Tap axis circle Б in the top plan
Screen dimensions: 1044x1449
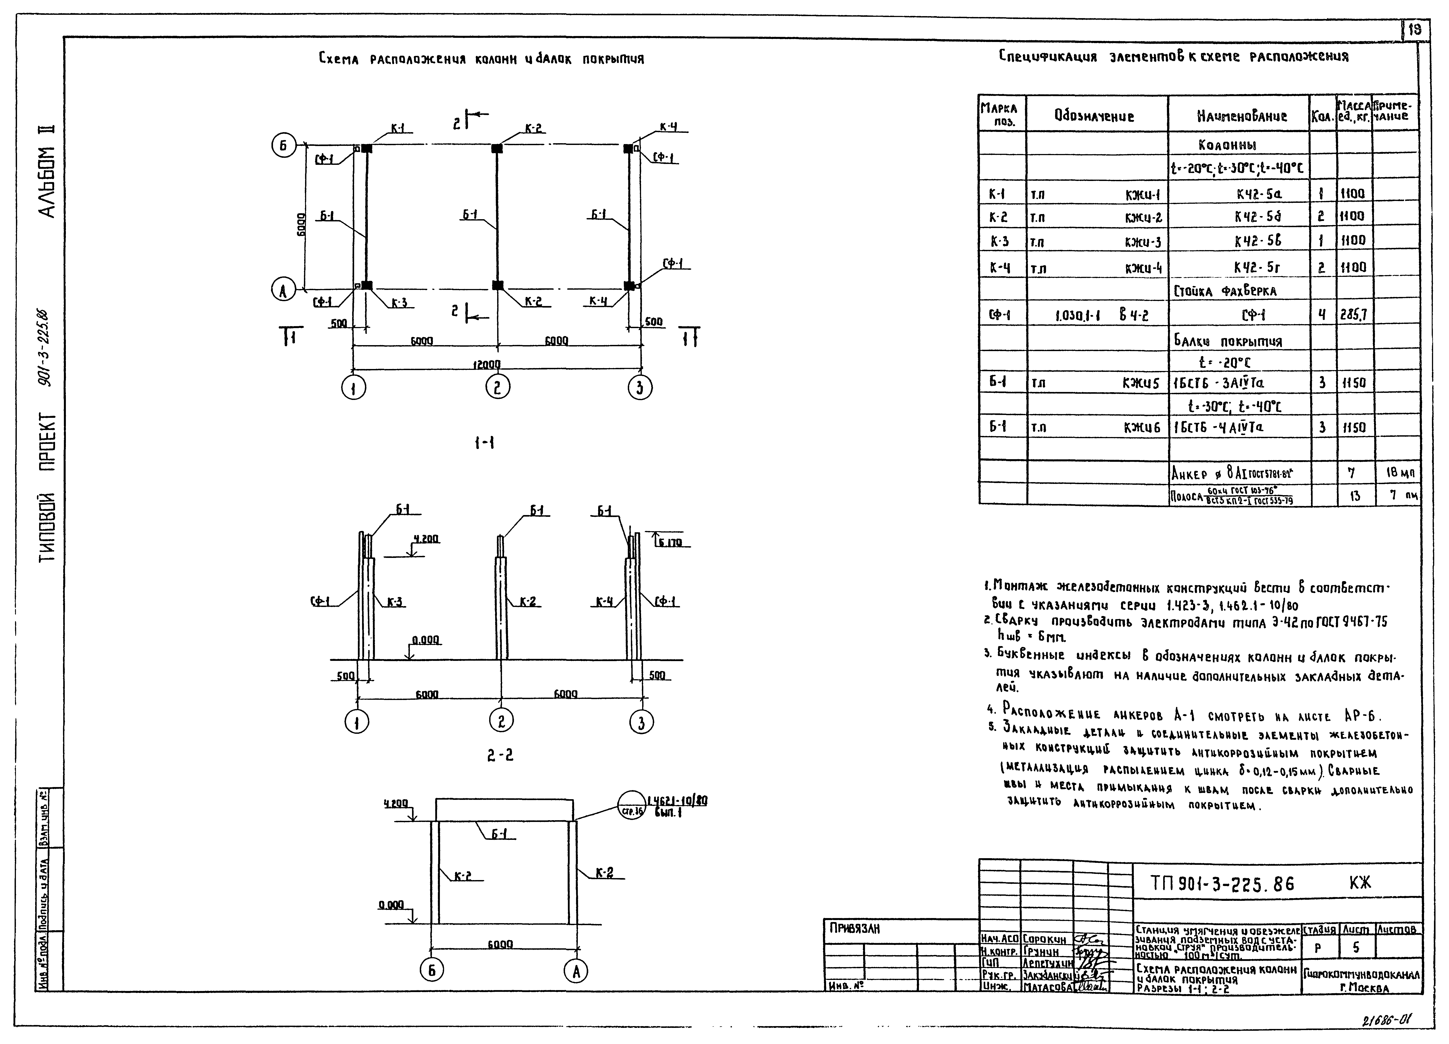[282, 146]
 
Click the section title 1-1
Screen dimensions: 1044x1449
[484, 443]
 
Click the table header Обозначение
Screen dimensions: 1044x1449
[1094, 116]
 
